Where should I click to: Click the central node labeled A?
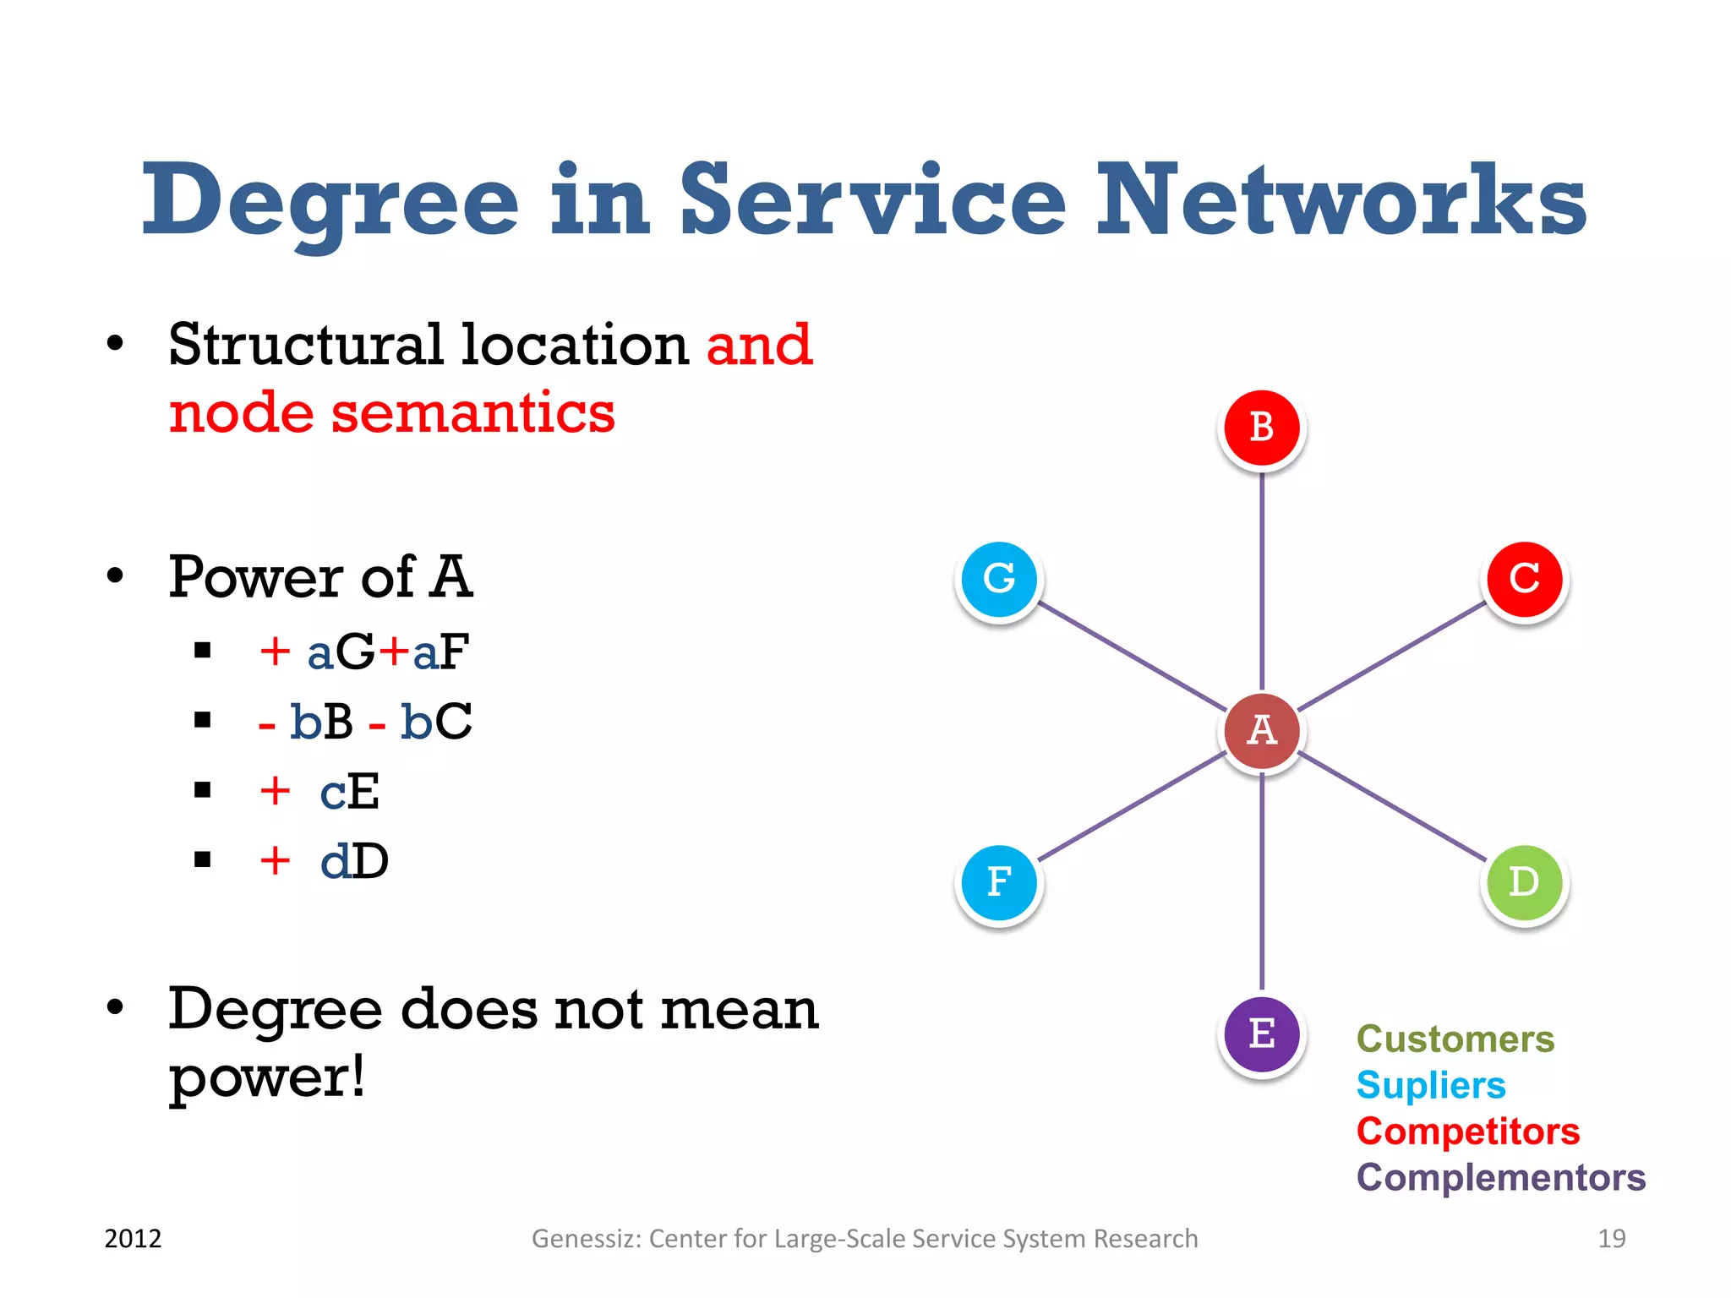[1262, 730]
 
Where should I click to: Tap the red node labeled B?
[1262, 428]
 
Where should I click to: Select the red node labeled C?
[1525, 579]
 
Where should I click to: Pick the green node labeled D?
[1525, 882]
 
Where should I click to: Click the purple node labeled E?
[1262, 1033]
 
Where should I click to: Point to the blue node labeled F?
[999, 882]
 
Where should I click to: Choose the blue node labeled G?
[999, 579]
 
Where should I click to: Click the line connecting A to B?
[1262, 583]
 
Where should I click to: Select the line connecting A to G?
[1133, 656]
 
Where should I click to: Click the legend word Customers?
[1455, 1039]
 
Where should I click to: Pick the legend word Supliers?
[1430, 1086]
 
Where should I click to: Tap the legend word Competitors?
[1467, 1132]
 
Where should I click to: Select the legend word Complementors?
[1500, 1177]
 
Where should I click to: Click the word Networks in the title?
[1341, 201]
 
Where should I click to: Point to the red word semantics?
[472, 413]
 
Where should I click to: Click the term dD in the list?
[354, 862]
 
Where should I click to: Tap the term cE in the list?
[349, 792]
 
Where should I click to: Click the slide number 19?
[1611, 1239]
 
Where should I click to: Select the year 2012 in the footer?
[133, 1239]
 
